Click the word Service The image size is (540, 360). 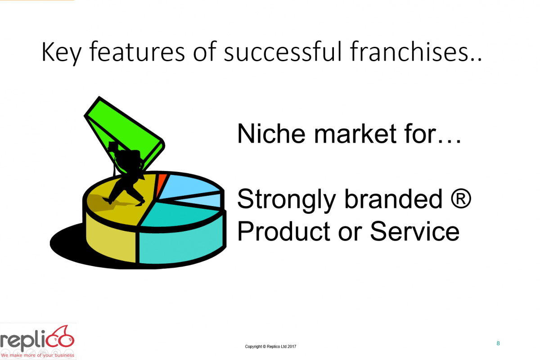click(x=414, y=231)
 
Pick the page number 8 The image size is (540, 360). click(x=498, y=343)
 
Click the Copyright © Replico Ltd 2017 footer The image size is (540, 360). click(x=270, y=346)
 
